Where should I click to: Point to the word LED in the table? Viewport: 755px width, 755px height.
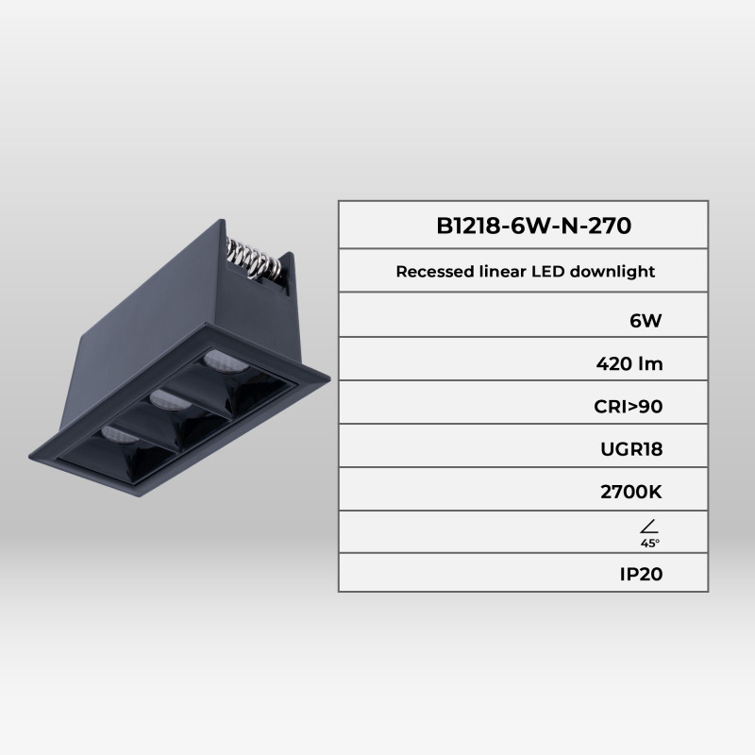coord(541,272)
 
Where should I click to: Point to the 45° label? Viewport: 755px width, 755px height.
coord(649,545)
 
